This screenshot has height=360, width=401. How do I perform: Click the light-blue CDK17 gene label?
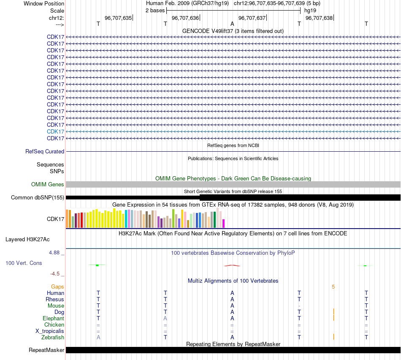pyautogui.click(x=56, y=131)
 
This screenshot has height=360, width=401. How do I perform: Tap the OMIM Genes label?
pyautogui.click(x=48, y=184)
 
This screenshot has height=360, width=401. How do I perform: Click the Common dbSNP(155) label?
pyautogui.click(x=38, y=197)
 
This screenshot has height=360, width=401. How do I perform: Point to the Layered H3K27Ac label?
pyautogui.click(x=27, y=239)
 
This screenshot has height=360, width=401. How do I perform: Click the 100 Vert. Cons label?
pyautogui.click(x=24, y=263)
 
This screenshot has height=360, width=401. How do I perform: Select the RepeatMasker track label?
pyautogui.click(x=46, y=350)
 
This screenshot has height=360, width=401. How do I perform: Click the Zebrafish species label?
pyautogui.click(x=53, y=337)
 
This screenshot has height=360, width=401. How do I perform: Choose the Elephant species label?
pyautogui.click(x=53, y=318)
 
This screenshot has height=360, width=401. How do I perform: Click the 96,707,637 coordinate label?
pyautogui.click(x=252, y=18)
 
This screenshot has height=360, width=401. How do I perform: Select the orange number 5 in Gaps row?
pyautogui.click(x=333, y=286)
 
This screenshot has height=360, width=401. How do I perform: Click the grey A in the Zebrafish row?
pyautogui.click(x=98, y=337)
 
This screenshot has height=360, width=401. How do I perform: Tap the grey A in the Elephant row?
pyautogui.click(x=165, y=318)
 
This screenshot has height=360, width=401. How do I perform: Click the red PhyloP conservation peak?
pyautogui.click(x=232, y=265)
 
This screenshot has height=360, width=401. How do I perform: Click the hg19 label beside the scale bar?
pyautogui.click(x=310, y=10)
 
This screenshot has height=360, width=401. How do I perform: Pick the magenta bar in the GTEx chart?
pyautogui.click(x=224, y=223)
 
